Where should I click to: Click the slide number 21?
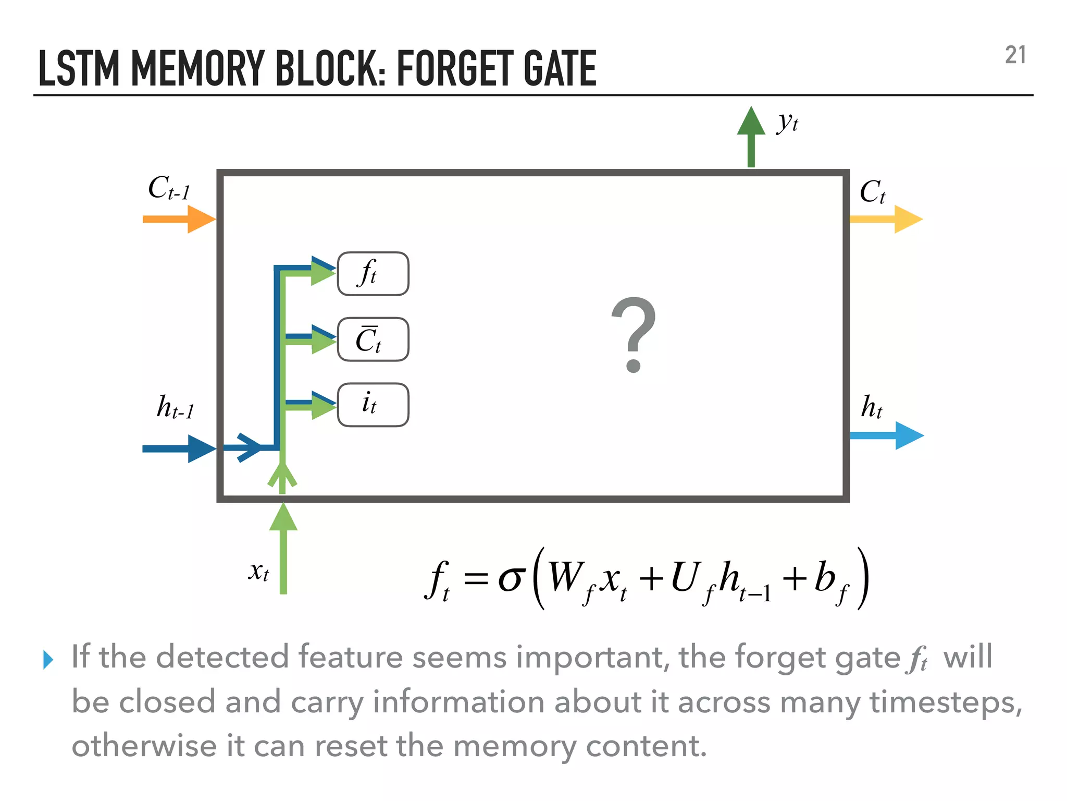(x=1015, y=55)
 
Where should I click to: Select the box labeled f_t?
(x=373, y=274)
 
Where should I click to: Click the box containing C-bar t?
(x=373, y=339)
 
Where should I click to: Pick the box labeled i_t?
(x=373, y=405)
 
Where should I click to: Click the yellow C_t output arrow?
(x=886, y=219)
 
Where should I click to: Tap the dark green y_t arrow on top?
(x=751, y=137)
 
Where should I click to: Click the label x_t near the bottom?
(x=258, y=572)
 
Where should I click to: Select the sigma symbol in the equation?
(x=510, y=578)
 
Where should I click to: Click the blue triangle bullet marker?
(x=48, y=660)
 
